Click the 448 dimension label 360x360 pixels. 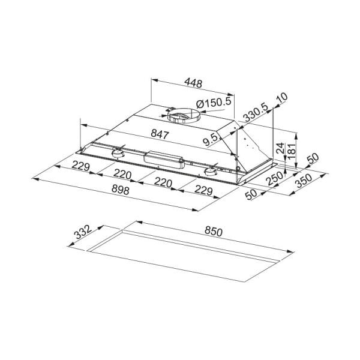coord(193,83)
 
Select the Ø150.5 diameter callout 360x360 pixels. coord(214,103)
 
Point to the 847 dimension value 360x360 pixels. coord(160,134)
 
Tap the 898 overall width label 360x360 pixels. coord(121,190)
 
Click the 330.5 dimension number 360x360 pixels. coord(256,113)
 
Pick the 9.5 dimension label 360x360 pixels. coord(211,140)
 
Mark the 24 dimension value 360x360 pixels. coord(280,148)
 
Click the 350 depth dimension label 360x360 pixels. coord(304,181)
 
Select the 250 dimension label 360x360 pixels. coord(275,178)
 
